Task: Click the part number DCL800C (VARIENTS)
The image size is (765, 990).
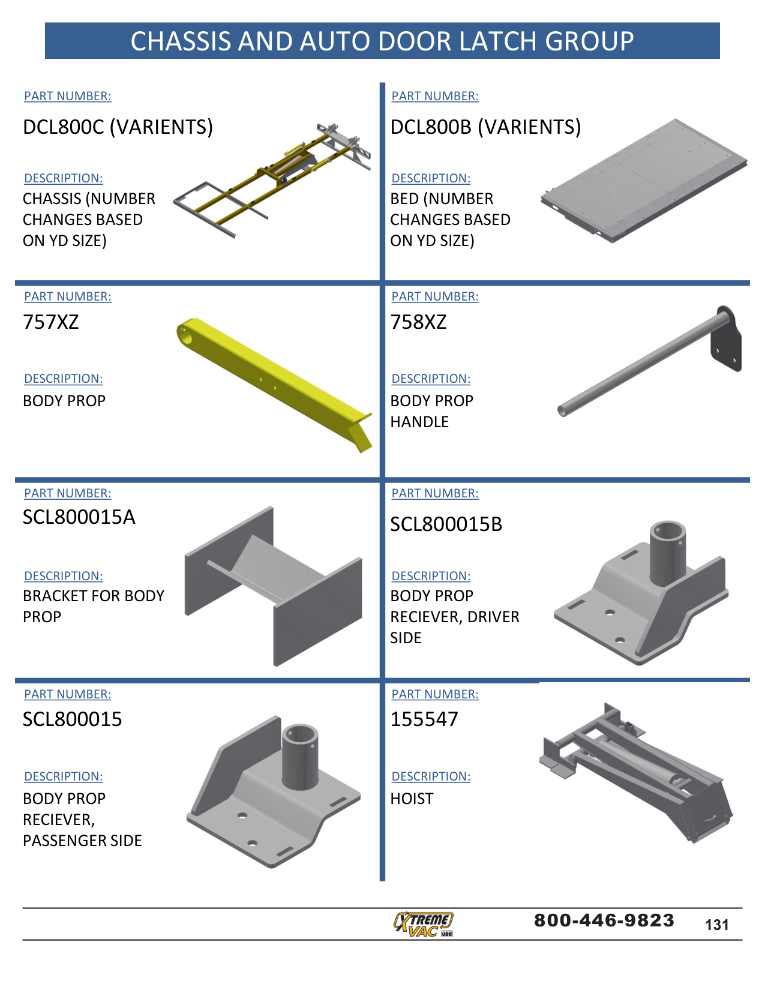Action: click(x=118, y=127)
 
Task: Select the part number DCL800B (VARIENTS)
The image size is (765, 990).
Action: click(x=485, y=127)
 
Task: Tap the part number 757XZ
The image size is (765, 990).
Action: click(x=51, y=322)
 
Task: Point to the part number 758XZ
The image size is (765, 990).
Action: click(x=418, y=322)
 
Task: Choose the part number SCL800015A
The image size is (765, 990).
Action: click(x=79, y=517)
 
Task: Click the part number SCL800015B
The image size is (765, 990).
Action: click(x=446, y=524)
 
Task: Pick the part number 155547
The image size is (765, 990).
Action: click(x=424, y=719)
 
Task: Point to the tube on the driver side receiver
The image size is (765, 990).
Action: click(x=668, y=552)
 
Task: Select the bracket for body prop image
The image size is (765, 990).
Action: click(x=274, y=585)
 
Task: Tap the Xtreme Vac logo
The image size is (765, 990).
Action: click(x=424, y=924)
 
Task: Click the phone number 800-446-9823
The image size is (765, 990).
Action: click(x=604, y=920)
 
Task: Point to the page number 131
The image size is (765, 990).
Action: click(x=717, y=925)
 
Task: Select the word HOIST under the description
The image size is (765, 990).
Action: click(x=412, y=799)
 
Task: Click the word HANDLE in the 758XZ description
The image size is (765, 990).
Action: click(x=419, y=422)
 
